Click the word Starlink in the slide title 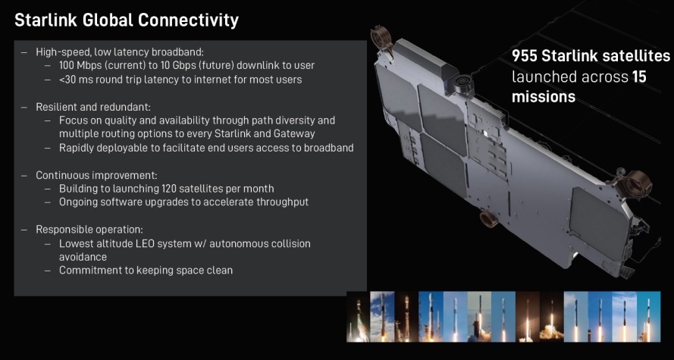46,20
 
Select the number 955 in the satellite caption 525,56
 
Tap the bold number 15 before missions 639,77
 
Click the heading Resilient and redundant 92,107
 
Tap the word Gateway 294,133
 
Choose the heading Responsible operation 89,230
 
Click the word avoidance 83,257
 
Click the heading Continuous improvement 96,175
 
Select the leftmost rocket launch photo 358,317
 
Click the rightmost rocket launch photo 649,317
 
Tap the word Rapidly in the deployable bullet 76,148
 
